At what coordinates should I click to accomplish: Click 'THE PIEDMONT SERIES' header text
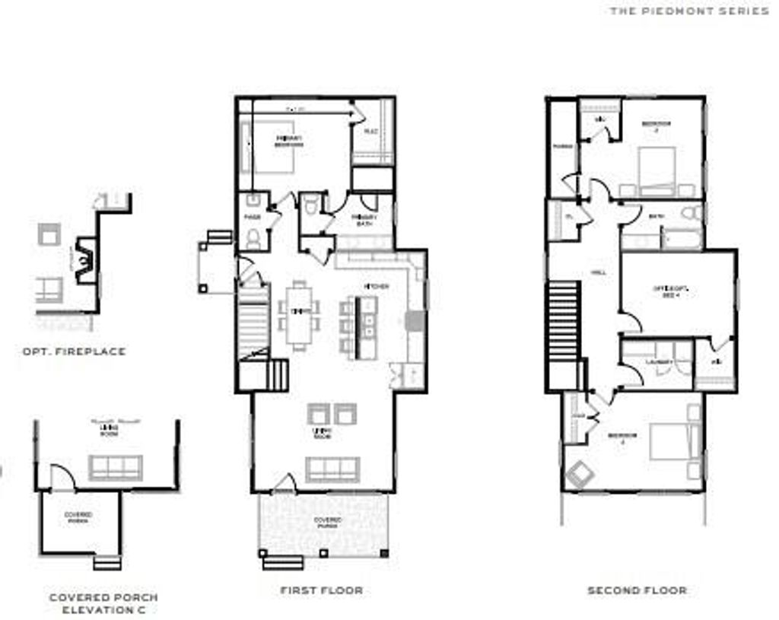[x=689, y=11]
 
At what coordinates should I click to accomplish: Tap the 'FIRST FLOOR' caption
[x=321, y=590]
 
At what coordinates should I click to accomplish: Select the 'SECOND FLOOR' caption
[x=637, y=590]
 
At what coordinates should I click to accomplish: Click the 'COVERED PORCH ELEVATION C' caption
[x=103, y=604]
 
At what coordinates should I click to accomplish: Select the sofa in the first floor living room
[x=332, y=469]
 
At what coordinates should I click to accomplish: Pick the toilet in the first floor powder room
[x=253, y=238]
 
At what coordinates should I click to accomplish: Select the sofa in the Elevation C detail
[x=115, y=467]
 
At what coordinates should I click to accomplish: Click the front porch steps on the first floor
[x=282, y=562]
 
